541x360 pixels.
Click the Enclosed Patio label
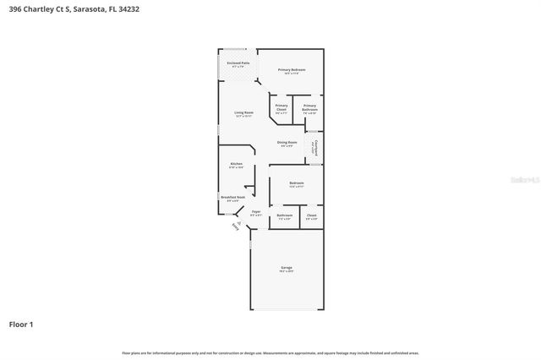[x=238, y=63]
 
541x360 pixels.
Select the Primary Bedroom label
[x=292, y=69]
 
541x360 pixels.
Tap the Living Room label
[x=243, y=112]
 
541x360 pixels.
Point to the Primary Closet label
[x=281, y=106]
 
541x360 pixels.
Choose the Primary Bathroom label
[x=310, y=106]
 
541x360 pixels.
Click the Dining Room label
[x=287, y=142]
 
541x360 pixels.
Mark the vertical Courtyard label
[x=314, y=149]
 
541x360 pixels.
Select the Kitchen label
[x=236, y=164]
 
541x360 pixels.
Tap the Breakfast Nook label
[x=233, y=198]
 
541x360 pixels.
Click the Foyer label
[x=255, y=211]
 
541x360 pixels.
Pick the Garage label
[x=287, y=268]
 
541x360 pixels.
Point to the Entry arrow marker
[x=236, y=226]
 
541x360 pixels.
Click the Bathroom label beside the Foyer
[x=284, y=215]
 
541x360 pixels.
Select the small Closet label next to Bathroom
[x=311, y=215]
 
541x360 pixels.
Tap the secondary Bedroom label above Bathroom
[x=296, y=183]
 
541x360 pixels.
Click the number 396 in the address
[x=15, y=9]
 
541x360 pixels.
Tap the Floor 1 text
[x=21, y=324]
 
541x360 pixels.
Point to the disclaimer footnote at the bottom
[x=270, y=352]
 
